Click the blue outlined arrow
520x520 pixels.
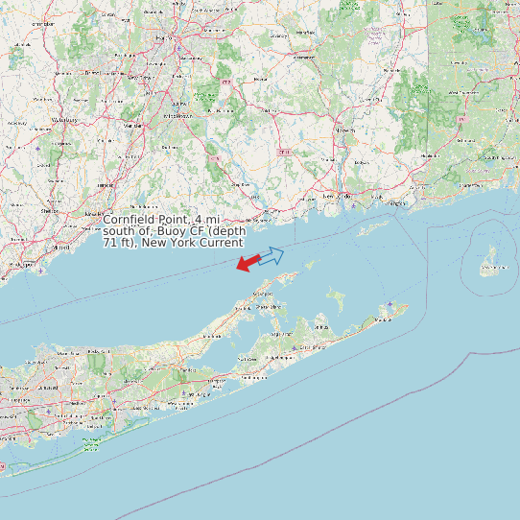click(272, 255)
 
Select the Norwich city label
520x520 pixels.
click(345, 130)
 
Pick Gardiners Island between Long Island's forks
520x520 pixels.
click(338, 299)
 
